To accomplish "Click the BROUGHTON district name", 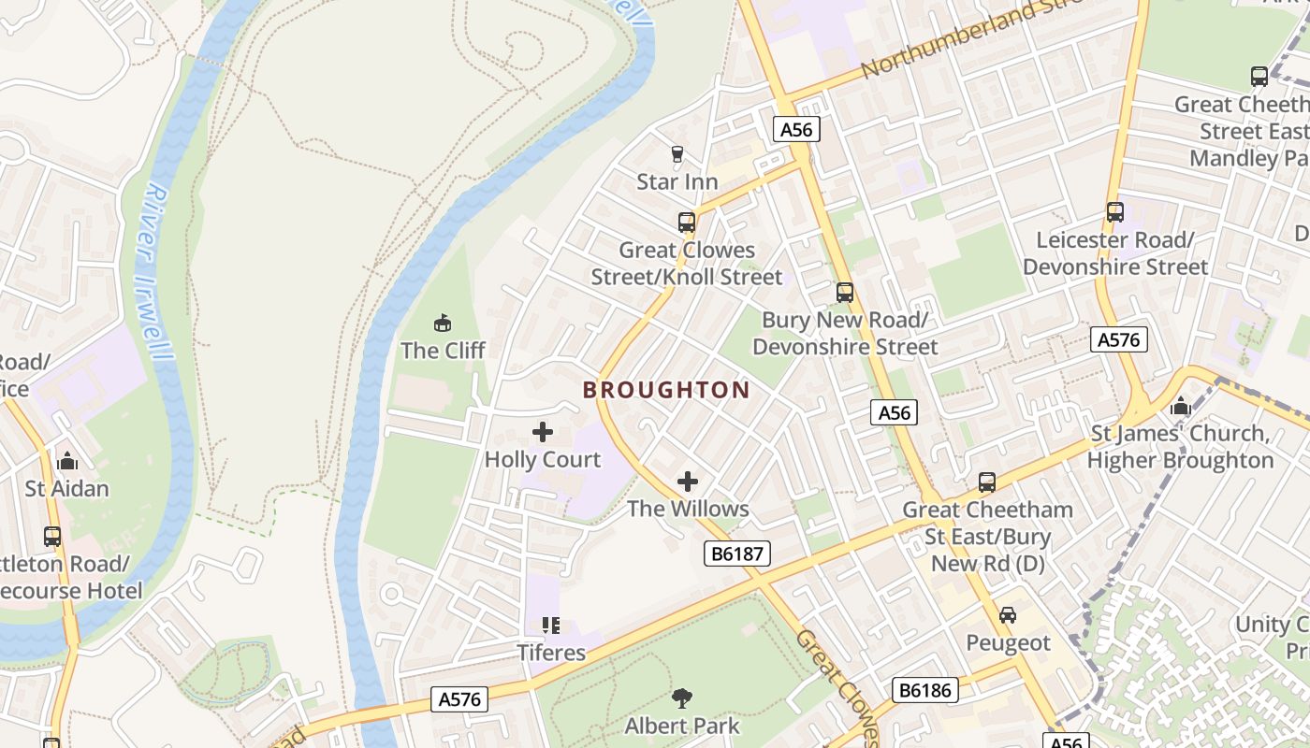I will coord(666,390).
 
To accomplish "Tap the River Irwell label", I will coord(150,271).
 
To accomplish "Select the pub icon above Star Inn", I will coord(677,154).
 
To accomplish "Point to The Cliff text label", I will coord(443,351).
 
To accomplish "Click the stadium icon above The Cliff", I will coord(443,324).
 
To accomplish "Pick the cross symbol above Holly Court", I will coord(543,432).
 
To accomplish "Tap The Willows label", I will coord(688,509).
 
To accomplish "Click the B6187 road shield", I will coord(737,554).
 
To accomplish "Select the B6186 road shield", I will coord(925,690).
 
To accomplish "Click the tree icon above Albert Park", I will coord(682,698).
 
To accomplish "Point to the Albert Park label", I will coord(682,726).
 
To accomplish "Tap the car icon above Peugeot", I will coord(1008,615).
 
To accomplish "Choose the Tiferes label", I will coord(552,652).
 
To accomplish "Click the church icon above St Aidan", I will coord(67,461).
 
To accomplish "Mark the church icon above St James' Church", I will coord(1180,407).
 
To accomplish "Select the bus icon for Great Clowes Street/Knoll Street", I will coord(687,223).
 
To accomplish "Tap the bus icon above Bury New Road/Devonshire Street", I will coord(845,293).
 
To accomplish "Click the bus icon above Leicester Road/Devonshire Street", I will coord(1114,212).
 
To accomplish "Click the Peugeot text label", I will coord(1008,643).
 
